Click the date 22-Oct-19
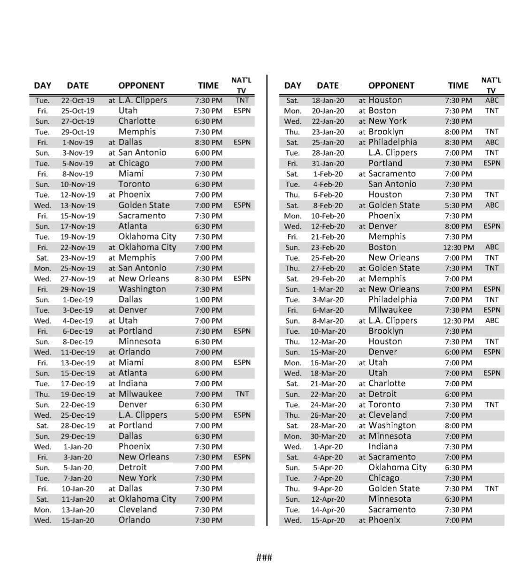tap(77, 100)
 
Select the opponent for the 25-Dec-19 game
tap(142, 415)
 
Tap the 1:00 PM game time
tap(208, 300)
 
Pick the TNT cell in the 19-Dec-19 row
tap(242, 394)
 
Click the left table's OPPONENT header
tap(141, 85)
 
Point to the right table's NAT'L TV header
tap(491, 85)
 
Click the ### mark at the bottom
tap(264, 557)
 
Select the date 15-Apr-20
tap(328, 520)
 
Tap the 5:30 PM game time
tap(459, 205)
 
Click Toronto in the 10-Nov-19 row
tap(134, 184)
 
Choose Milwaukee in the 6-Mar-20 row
tap(390, 310)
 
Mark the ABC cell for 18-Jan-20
tap(492, 100)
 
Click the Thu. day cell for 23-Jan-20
tap(292, 132)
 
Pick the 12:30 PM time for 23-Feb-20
tap(459, 247)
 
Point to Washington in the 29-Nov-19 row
tap(142, 289)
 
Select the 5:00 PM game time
tap(208, 415)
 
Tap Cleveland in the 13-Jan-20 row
tap(138, 510)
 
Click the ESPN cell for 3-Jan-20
tap(242, 457)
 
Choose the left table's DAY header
tap(43, 85)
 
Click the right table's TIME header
tap(458, 85)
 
